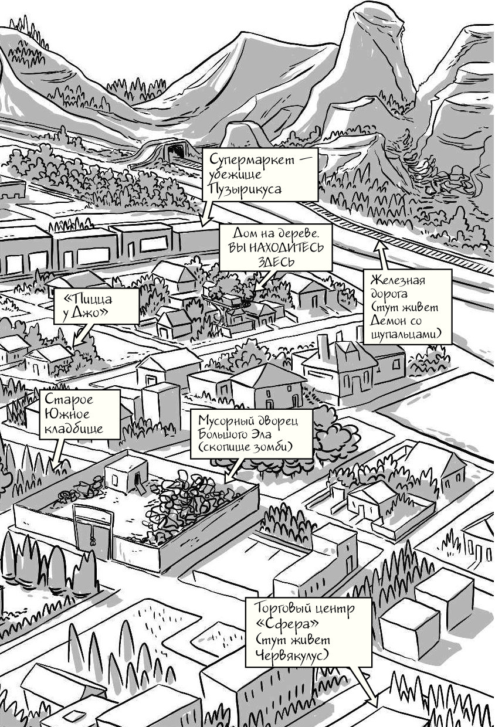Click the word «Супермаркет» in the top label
pos(251,159)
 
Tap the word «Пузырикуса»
pos(245,188)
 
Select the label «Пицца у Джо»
pos(96,306)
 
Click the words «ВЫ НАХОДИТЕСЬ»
pos(276,247)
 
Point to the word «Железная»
pos(398,280)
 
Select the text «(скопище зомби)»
pos(245,447)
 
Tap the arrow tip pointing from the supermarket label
pos(202,226)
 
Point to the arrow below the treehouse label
pos(262,280)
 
